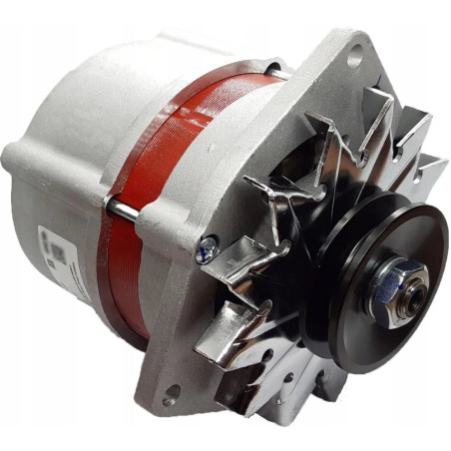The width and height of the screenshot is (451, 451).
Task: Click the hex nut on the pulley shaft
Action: [x=401, y=285]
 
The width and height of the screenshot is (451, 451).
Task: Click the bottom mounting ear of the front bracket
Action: [x=180, y=384]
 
